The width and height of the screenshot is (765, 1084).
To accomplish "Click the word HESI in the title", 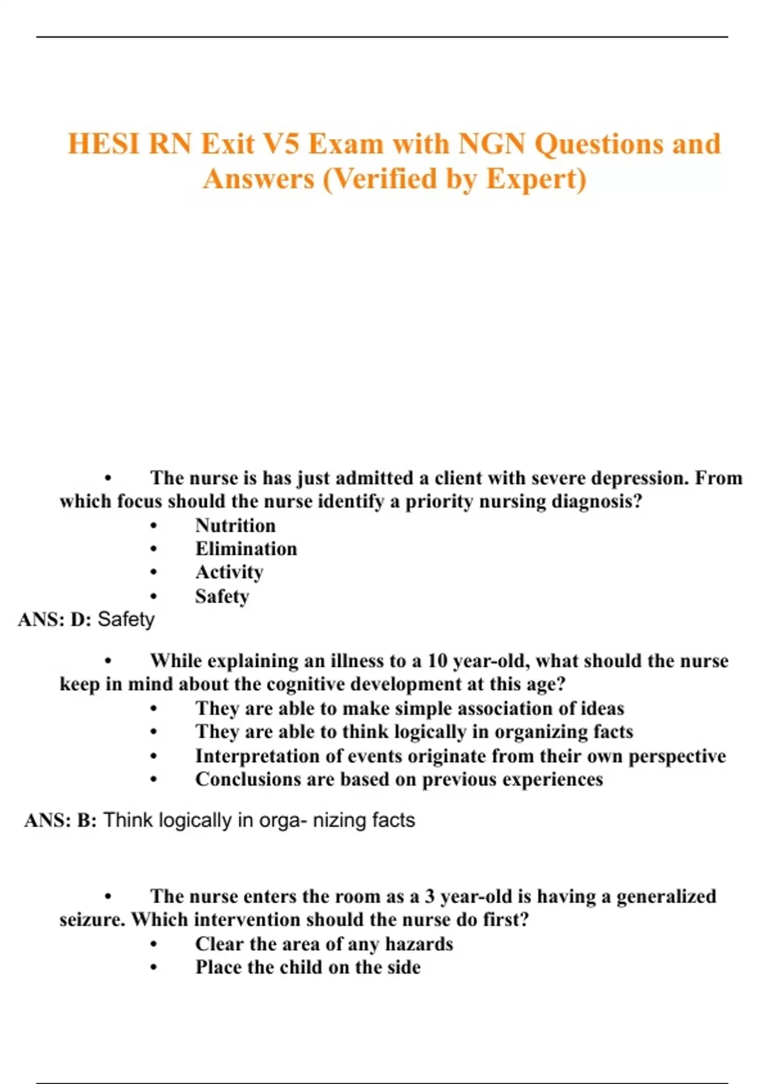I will [x=103, y=144].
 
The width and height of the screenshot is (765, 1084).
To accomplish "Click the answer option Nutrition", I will [x=235, y=525].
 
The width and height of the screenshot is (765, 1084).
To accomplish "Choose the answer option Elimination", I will [x=246, y=549].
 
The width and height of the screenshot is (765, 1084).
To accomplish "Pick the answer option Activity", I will [x=229, y=573].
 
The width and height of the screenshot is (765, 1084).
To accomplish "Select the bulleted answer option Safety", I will [x=222, y=596].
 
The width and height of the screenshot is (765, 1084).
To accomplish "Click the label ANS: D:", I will [x=55, y=620].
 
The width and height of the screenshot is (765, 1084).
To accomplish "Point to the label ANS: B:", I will [x=61, y=820].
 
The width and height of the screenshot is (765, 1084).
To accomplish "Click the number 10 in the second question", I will [x=437, y=661].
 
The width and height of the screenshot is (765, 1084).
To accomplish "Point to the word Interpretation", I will [x=258, y=756].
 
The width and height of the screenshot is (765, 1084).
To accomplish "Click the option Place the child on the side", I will [x=308, y=967].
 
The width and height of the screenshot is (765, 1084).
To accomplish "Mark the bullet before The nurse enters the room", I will [x=108, y=897].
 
